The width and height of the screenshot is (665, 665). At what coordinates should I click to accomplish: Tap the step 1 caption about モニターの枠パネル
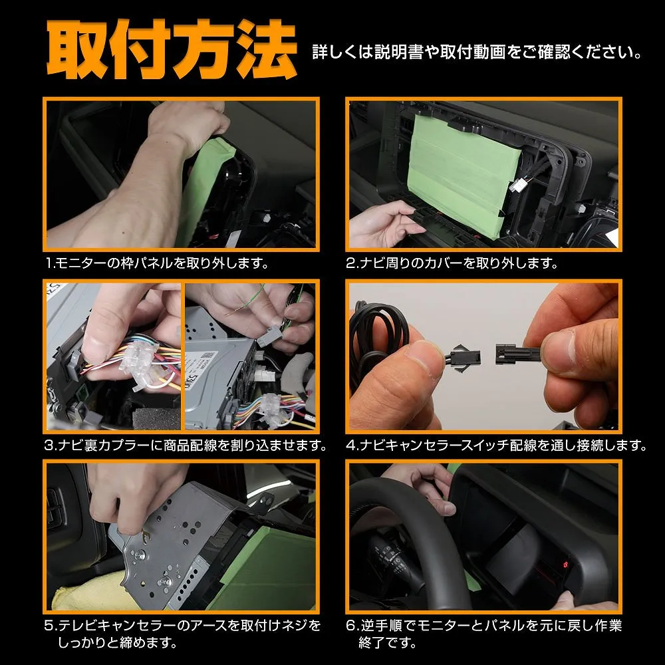tap(158, 263)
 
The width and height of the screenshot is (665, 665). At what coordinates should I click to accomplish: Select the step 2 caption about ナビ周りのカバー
tap(452, 263)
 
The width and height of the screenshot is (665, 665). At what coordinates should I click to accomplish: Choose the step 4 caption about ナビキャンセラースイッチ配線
tap(497, 445)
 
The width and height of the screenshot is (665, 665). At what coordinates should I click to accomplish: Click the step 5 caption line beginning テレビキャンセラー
tap(183, 625)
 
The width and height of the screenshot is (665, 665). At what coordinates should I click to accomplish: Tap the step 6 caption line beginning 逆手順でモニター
tap(484, 625)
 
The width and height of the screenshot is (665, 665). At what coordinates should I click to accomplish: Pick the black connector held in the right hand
tap(514, 354)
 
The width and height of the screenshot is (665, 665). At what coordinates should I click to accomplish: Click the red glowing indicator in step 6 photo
tap(565, 565)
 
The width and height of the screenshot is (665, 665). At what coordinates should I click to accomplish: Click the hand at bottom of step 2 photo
tap(384, 224)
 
